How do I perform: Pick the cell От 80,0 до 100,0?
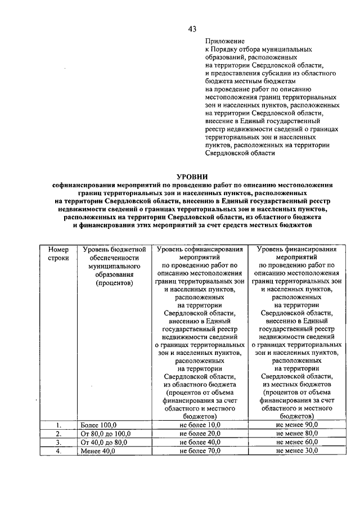coord(105,434)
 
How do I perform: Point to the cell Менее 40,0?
coord(98,451)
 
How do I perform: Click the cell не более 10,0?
coord(200,425)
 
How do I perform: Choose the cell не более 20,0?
coord(200,434)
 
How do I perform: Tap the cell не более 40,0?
coord(200,442)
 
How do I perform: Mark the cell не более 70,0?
coord(200,451)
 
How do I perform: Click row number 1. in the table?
coord(58,425)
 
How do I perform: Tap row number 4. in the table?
coord(58,451)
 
